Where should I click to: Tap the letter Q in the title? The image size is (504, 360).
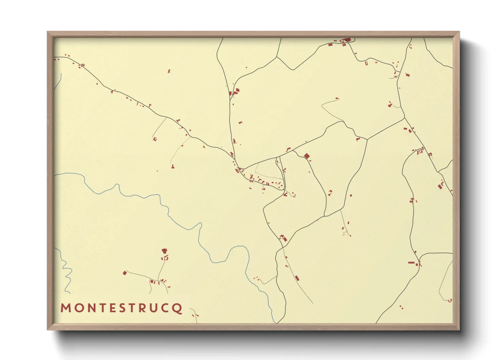pyautogui.click(x=177, y=308)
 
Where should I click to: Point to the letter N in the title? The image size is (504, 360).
pyautogui.click(x=91, y=308)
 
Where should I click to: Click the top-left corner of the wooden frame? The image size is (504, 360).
pyautogui.click(x=48, y=32)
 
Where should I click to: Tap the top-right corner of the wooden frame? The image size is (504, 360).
pyautogui.click(x=459, y=32)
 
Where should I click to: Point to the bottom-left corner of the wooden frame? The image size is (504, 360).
pyautogui.click(x=48, y=329)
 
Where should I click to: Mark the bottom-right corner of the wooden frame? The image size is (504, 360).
pyautogui.click(x=459, y=329)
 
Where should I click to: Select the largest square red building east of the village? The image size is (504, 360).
pyautogui.click(x=306, y=156)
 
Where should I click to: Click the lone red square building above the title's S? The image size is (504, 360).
pyautogui.click(x=125, y=273)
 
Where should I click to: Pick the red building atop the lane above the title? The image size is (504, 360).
pyautogui.click(x=164, y=251)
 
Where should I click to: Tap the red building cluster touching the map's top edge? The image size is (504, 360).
pyautogui.click(x=347, y=40)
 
